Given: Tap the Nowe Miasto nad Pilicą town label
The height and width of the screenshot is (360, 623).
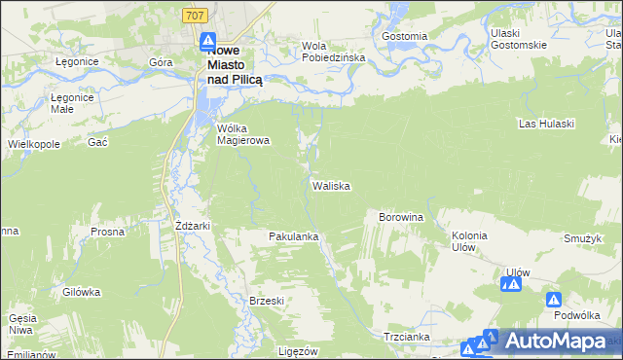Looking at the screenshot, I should [234, 66].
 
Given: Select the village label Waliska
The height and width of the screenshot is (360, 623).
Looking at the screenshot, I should [331, 185].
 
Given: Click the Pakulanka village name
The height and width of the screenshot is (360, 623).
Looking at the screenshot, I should [294, 236].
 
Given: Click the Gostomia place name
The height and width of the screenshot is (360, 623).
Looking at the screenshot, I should [405, 36].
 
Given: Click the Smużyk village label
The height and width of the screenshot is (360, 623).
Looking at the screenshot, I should [581, 237].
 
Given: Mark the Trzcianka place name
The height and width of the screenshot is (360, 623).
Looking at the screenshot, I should [407, 336].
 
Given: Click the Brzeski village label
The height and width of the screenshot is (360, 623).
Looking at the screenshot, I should [267, 301].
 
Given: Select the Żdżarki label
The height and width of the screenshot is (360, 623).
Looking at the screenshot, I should [193, 226].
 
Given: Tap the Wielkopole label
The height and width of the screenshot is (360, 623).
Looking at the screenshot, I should [33, 143].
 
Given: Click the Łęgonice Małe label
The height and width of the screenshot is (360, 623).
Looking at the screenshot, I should [71, 103].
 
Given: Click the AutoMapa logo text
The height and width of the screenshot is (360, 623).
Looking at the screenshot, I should [556, 342].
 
